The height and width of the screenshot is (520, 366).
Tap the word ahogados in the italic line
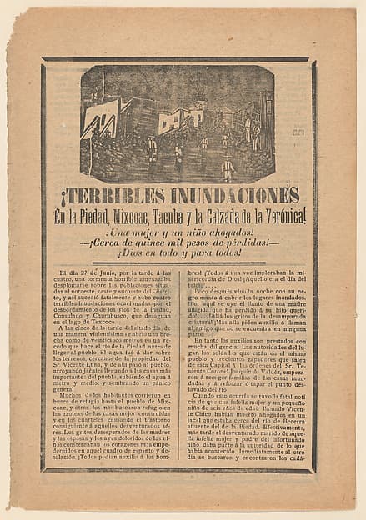pyautogui.click(x=223, y=232)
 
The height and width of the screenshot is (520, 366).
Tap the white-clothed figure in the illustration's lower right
pyautogui.click(x=228, y=169)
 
